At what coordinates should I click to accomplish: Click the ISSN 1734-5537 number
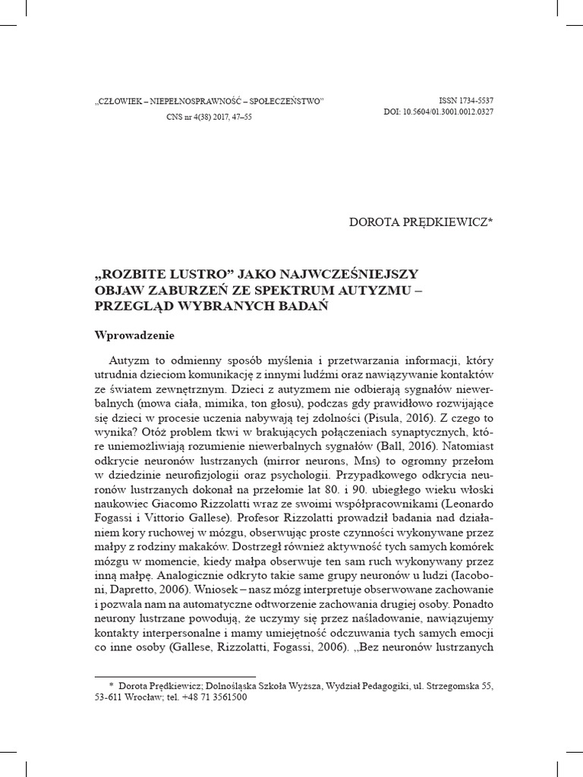[x=466, y=101]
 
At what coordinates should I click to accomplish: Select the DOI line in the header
[x=439, y=113]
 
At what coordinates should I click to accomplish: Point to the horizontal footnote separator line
[x=175, y=675]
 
